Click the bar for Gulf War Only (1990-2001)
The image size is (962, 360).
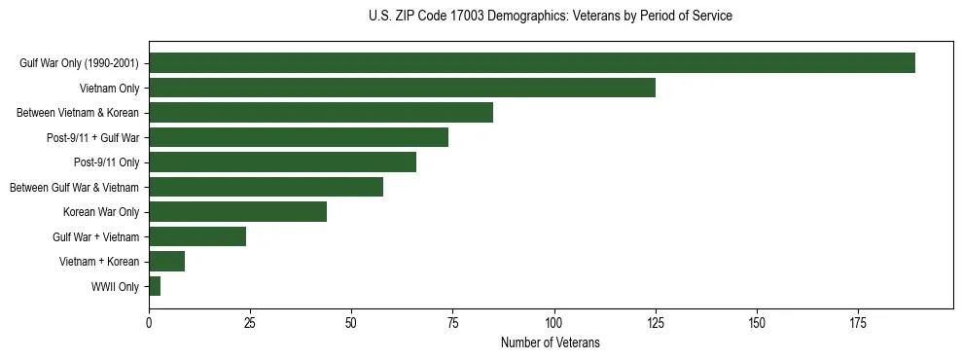(532, 63)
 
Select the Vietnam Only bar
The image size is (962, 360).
(402, 88)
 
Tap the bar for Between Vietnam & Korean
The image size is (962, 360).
(321, 113)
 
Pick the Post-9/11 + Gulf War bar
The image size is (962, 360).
(299, 137)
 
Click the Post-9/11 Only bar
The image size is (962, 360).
(282, 162)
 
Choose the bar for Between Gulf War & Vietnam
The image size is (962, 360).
(266, 187)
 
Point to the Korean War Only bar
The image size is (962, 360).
(237, 212)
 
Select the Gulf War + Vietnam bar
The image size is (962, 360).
(197, 236)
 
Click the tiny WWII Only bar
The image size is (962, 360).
(155, 286)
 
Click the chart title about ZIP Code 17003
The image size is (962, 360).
(551, 17)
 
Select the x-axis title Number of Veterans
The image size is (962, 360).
(551, 343)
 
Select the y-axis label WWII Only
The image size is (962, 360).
(115, 287)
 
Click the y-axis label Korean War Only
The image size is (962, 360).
(101, 212)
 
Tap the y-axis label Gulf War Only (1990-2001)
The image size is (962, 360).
(79, 63)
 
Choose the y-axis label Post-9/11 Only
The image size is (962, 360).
(106, 162)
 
